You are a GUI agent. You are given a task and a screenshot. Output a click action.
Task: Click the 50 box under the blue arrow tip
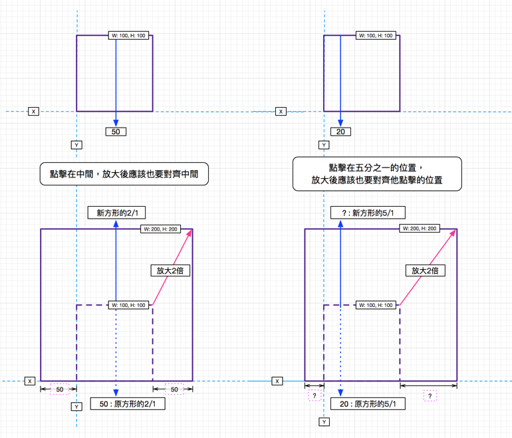click(x=116, y=132)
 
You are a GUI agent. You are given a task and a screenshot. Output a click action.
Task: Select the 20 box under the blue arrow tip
click(x=340, y=132)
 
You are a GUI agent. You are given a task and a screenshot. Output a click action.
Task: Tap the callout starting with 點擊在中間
click(x=124, y=174)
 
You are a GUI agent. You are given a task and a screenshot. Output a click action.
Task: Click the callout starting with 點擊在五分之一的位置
click(x=377, y=174)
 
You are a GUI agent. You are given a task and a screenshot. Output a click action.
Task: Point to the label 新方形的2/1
click(x=116, y=213)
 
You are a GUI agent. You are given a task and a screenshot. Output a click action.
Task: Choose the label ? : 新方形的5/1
click(x=368, y=213)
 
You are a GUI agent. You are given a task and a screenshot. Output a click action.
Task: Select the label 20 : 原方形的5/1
click(x=368, y=403)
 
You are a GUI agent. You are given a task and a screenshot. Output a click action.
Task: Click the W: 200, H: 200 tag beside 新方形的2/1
click(x=160, y=229)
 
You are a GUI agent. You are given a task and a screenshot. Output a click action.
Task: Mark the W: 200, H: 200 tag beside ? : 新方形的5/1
click(x=420, y=229)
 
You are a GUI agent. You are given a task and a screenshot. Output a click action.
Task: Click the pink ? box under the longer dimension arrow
click(x=430, y=396)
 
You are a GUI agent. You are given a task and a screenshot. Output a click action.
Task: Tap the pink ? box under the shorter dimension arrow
click(x=315, y=396)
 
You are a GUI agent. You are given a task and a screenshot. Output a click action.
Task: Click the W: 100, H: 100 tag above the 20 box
click(x=376, y=35)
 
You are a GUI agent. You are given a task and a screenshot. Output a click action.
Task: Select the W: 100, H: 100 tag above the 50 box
click(x=129, y=35)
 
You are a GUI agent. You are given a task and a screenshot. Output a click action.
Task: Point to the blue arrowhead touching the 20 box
click(x=340, y=123)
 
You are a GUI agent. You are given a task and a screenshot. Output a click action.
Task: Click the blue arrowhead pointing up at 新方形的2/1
click(x=116, y=225)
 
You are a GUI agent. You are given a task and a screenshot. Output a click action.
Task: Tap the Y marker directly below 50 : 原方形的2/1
click(x=77, y=407)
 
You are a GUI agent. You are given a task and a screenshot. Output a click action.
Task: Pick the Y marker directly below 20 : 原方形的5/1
click(x=324, y=422)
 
